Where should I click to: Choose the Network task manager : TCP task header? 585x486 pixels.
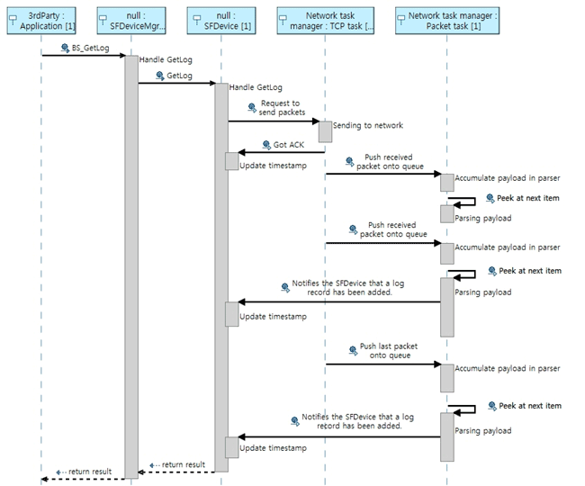[x=325, y=20]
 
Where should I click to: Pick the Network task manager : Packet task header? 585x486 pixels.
[x=446, y=20]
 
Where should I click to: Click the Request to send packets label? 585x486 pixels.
[x=281, y=108]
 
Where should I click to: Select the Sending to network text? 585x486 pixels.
[x=368, y=126]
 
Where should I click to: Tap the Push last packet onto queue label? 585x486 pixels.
[x=389, y=351]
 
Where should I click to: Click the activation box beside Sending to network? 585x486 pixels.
[x=325, y=130]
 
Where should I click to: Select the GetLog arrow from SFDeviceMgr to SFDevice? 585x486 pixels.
[x=175, y=84]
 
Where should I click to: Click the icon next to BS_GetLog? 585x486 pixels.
[x=66, y=47]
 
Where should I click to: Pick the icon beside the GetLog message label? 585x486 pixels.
[x=160, y=76]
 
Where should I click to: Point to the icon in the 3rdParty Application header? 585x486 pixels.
[x=13, y=20]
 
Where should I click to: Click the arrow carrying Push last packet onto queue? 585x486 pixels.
[x=382, y=364]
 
